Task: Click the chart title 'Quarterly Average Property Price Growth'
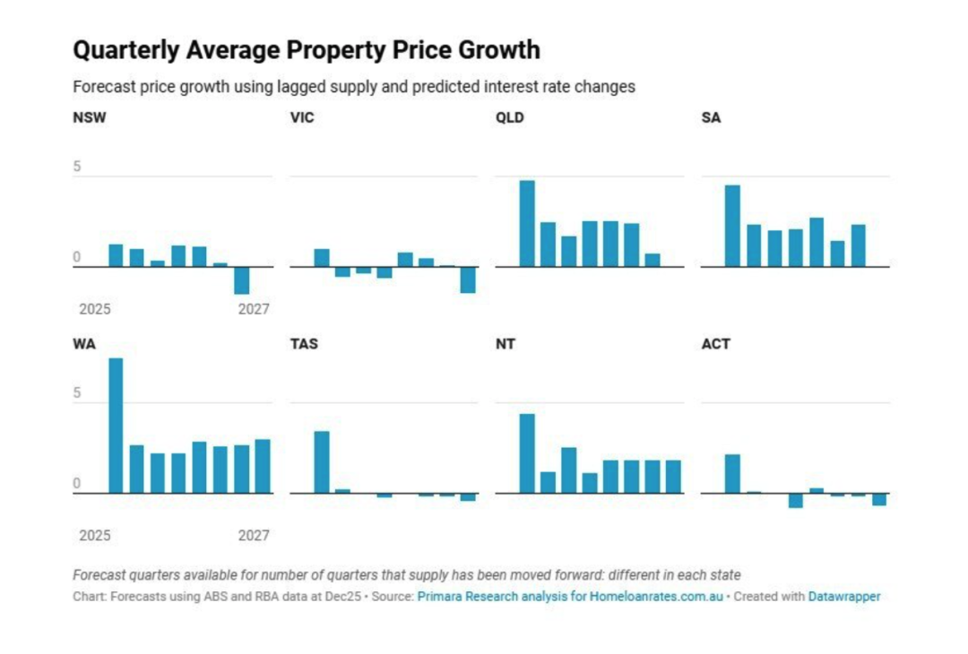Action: click(306, 50)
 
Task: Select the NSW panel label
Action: click(89, 117)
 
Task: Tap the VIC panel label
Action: click(302, 117)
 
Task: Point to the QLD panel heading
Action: click(510, 117)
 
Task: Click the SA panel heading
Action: click(711, 117)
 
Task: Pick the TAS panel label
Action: click(304, 344)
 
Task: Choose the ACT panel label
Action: click(715, 344)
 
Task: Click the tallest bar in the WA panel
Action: click(116, 426)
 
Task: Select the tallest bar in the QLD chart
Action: click(527, 223)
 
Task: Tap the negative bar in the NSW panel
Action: click(241, 280)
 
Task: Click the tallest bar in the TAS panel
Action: click(321, 462)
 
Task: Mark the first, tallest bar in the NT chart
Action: click(527, 453)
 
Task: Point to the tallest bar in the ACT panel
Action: click(732, 474)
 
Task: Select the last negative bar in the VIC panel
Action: click(468, 280)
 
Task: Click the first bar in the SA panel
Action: click(732, 226)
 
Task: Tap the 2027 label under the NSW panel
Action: click(254, 309)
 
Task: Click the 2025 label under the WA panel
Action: click(95, 536)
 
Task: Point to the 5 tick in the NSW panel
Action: click(77, 167)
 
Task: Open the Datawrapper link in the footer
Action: click(844, 596)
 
